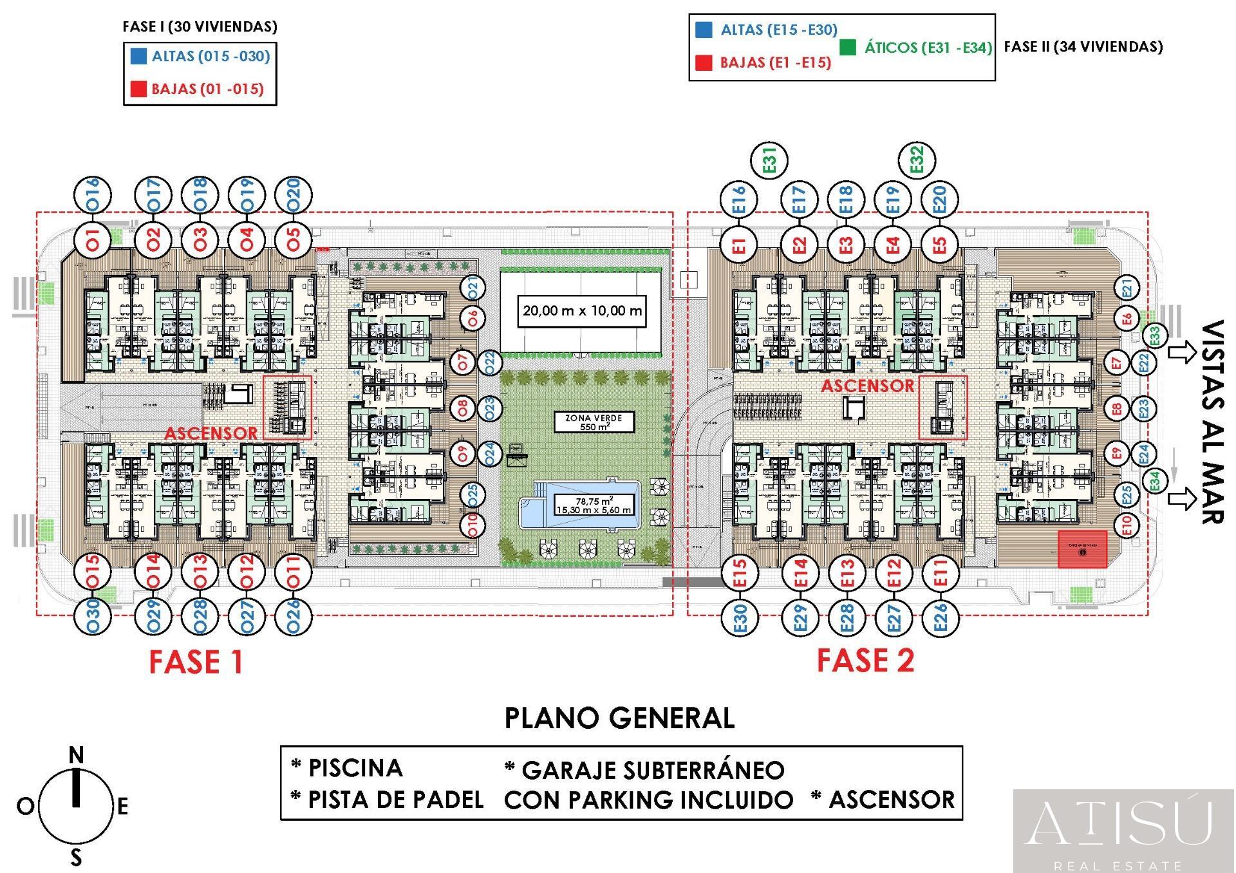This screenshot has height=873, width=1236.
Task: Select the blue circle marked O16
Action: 93,194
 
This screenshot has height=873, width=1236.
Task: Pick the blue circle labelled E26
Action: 940,617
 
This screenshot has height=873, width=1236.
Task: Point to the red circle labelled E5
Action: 940,245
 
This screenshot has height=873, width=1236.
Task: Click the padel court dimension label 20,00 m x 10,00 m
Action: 581,311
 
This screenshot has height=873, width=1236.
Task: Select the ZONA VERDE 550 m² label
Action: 594,422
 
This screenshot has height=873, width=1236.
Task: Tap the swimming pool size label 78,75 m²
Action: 594,505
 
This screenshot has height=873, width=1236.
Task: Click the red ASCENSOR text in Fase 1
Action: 211,433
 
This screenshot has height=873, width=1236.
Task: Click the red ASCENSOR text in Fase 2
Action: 867,386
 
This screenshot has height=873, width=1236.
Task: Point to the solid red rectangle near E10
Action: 1082,549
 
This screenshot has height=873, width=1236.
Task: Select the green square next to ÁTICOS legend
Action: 848,47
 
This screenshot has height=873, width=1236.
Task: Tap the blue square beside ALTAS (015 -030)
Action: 138,56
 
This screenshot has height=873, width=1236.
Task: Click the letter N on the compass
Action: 76,755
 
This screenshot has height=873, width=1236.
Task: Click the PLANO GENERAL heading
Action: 619,718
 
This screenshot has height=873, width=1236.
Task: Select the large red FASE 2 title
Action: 865,661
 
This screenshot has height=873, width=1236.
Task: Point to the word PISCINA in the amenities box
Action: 355,768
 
